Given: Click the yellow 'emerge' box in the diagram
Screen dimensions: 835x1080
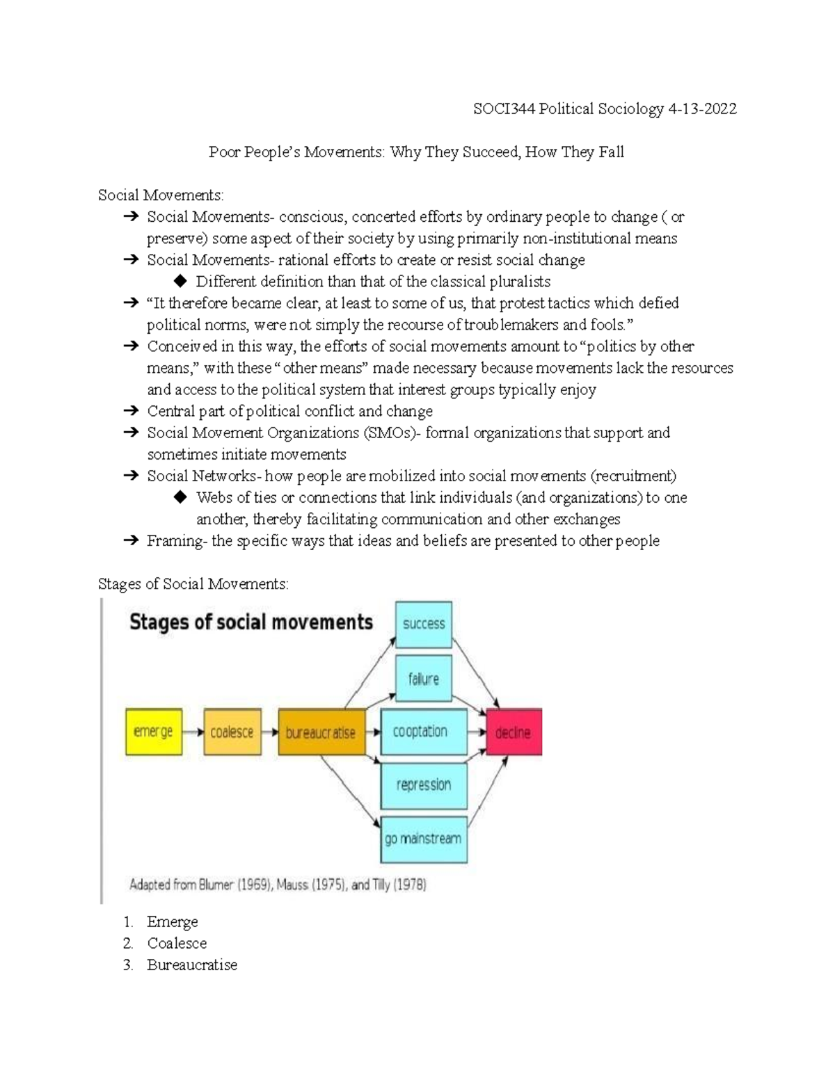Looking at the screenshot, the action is (154, 732).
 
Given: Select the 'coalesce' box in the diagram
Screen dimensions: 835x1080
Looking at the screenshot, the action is (232, 732).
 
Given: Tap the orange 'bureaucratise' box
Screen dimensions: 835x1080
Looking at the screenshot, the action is (321, 732).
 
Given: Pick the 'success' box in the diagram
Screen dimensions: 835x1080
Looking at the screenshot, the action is (423, 624).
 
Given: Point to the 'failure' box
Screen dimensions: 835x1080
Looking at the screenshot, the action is (423, 679).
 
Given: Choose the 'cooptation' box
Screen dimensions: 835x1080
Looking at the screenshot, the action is (423, 732).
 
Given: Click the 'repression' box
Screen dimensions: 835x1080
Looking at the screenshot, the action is (423, 785).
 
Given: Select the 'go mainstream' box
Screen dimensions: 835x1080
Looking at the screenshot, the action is (423, 839).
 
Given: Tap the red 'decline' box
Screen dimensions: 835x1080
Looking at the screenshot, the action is (514, 732).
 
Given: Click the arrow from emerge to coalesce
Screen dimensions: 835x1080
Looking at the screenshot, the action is (193, 732).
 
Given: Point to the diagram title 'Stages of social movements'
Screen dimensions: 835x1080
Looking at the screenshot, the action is (251, 622).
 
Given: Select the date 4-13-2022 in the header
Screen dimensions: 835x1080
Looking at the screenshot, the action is (701, 109).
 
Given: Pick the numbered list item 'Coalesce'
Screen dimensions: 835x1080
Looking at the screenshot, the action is (177, 943).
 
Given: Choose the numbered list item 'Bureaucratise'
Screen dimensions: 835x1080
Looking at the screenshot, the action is (192, 965).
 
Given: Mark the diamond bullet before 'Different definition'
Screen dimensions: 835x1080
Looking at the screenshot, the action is (181, 281).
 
